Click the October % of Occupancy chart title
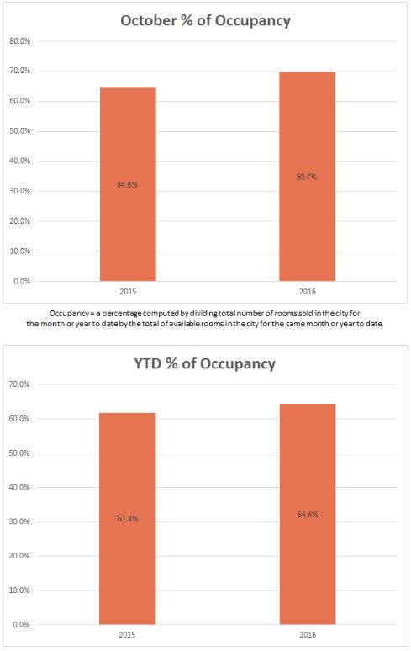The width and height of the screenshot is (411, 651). coord(205,21)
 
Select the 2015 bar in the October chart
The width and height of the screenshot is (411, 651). coord(128,184)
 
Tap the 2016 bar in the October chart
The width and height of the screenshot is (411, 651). coord(308,177)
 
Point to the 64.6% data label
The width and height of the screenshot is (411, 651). coord(127,184)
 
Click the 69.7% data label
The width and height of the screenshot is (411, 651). coord(307,177)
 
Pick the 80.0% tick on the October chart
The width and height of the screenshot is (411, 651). coord(19,41)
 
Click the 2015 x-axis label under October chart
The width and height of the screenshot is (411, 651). coord(128,292)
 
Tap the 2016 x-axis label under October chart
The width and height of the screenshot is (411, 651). coord(308,292)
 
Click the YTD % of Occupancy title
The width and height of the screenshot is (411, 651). coord(205,363)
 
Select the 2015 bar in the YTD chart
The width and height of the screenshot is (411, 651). coord(127,519)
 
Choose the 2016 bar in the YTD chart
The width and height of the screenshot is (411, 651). coord(308,514)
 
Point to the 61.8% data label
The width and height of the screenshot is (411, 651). coord(127,519)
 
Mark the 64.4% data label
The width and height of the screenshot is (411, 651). coord(308,515)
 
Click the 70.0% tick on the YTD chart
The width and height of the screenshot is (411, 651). coord(19,384)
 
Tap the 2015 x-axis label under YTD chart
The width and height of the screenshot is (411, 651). coord(127,635)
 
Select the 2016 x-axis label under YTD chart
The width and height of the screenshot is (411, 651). coord(308,635)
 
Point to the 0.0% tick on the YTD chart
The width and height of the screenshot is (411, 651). coord(21,624)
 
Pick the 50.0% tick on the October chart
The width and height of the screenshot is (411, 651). coord(19,131)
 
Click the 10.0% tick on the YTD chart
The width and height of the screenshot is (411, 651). coord(19,590)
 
